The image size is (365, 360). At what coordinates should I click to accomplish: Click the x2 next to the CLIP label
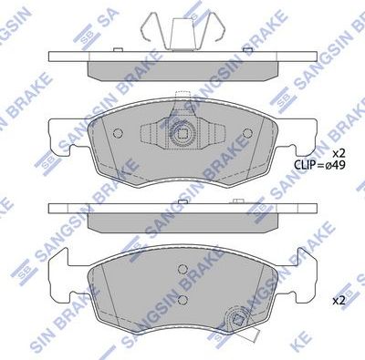pos(339,151)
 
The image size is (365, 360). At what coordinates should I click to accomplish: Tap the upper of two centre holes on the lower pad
pos(182,271)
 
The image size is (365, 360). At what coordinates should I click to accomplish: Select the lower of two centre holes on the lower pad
pos(182,298)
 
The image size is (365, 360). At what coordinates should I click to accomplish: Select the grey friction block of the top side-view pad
pos(182,67)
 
